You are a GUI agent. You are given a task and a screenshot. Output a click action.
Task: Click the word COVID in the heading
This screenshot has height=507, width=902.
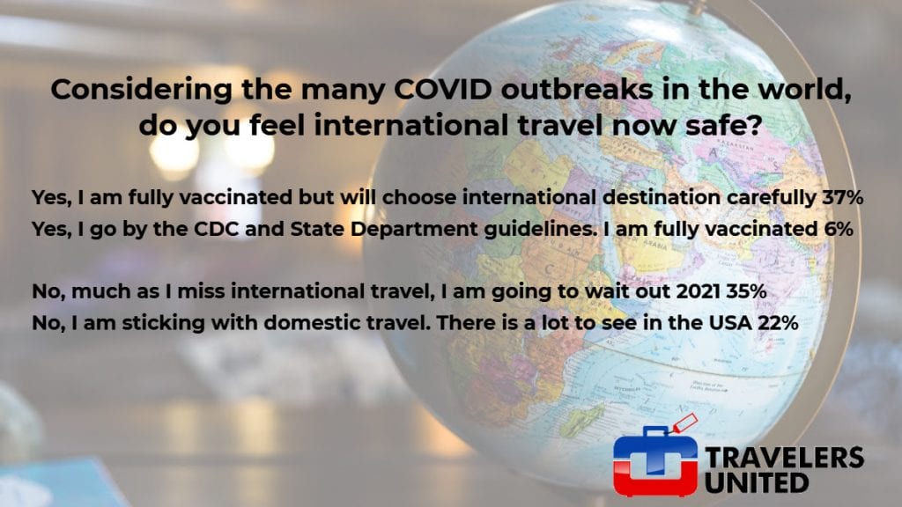pyautogui.click(x=440, y=89)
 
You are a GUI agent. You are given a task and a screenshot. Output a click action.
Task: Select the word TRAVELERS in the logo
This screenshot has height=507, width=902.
pyautogui.click(x=784, y=458)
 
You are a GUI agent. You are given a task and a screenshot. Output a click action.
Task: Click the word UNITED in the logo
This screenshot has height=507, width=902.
pyautogui.click(x=757, y=483)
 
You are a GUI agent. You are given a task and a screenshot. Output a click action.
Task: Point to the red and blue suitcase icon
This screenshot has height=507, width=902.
pyautogui.click(x=655, y=459)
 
